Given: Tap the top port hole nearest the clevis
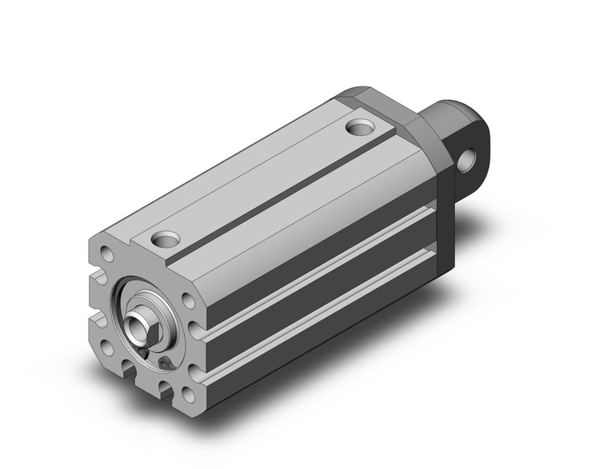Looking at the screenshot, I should (361, 126).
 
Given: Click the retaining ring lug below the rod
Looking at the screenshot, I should (163, 364).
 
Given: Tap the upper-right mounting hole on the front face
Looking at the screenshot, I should (186, 301).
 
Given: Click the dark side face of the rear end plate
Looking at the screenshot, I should (444, 200).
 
